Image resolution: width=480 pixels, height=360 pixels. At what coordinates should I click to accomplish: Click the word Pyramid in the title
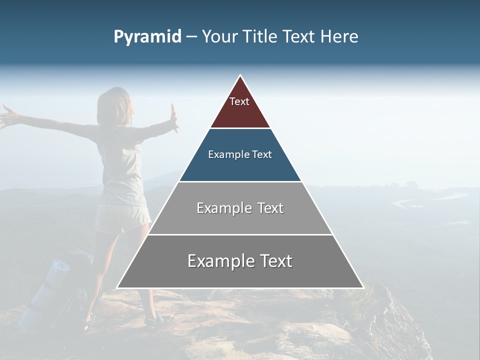point(147,37)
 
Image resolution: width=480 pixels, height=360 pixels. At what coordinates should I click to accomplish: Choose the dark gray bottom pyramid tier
point(240,275)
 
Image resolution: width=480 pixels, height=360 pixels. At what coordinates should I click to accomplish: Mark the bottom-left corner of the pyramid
point(118,287)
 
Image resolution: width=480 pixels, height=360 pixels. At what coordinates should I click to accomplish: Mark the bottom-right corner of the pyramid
point(362,287)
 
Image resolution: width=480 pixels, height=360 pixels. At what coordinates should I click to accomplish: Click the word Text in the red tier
point(239,101)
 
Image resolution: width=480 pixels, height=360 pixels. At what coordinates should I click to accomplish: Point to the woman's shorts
point(123,217)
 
